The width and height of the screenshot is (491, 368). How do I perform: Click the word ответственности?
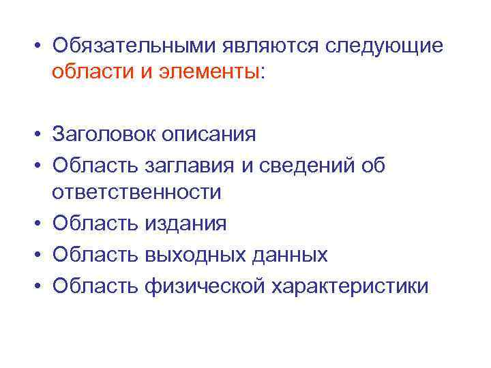[x=136, y=192]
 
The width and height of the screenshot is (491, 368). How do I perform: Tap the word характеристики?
[x=351, y=285]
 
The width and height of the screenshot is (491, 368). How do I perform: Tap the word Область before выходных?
[x=95, y=254]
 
